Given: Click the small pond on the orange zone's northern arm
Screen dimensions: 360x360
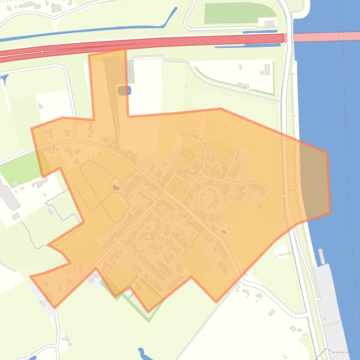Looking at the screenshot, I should point(124,90).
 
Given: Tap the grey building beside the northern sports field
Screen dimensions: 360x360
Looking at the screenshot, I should point(269,23).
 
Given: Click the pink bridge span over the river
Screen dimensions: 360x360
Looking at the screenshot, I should point(323,36).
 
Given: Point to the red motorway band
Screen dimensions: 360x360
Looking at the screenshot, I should point(140,44).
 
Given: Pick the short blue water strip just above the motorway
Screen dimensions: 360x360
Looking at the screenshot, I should point(259,32).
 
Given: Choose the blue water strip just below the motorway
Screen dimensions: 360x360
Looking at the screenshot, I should point(248,46).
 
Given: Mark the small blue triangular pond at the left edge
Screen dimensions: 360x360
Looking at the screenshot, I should point(5,79).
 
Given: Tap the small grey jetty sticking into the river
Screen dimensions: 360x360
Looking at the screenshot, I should point(322,256).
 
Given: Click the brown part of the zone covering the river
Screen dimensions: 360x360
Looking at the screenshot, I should point(314,182).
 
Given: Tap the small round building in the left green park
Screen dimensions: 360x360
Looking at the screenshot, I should point(15,183).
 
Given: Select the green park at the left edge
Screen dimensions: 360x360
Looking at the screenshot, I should point(21,168).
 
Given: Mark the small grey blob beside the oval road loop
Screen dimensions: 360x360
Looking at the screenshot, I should point(115,188).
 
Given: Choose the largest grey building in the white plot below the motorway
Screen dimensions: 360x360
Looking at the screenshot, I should point(267,70).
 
